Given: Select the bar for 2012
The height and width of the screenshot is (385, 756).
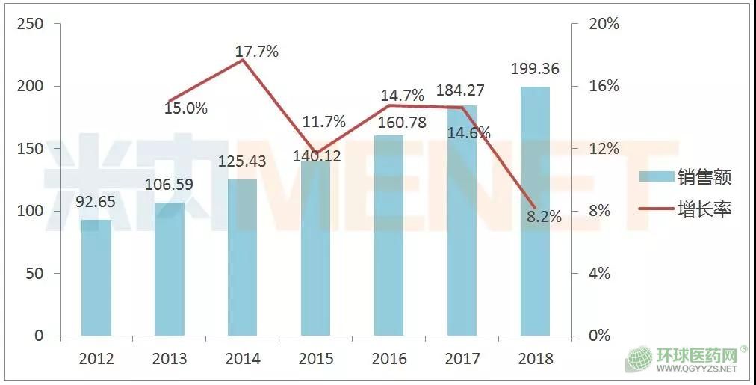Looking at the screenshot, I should click(x=96, y=277).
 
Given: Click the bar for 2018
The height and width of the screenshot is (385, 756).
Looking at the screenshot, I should click(x=535, y=211).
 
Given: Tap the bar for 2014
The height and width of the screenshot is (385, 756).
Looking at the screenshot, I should click(x=242, y=257).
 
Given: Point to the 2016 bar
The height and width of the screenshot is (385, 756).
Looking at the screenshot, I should click(x=388, y=235).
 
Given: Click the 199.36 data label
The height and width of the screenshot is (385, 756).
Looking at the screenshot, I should click(x=535, y=70).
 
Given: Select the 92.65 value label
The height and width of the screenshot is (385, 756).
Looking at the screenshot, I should click(x=96, y=202).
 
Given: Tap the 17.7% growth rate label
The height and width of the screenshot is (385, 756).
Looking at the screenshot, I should click(x=256, y=52).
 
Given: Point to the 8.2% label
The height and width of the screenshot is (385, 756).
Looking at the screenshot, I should click(x=543, y=217).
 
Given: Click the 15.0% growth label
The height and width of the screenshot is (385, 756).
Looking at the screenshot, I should click(x=186, y=108).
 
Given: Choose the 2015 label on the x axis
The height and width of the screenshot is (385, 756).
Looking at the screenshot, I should click(x=315, y=359).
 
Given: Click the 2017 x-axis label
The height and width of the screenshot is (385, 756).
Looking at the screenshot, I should click(x=462, y=359).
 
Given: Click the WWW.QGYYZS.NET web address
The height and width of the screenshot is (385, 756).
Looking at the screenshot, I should click(x=701, y=369).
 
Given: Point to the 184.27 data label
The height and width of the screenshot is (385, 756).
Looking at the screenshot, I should click(x=460, y=91).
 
